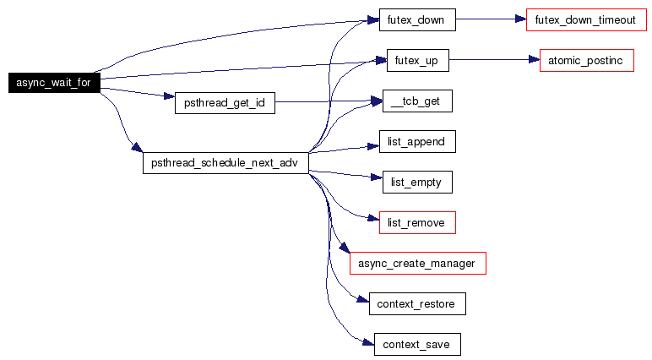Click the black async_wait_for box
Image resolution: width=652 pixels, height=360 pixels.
54,83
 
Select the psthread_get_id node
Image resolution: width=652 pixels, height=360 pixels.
225,103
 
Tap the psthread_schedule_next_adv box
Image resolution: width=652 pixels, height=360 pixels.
225,163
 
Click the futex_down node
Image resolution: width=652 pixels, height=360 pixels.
417,19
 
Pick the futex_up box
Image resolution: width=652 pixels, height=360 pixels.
417,60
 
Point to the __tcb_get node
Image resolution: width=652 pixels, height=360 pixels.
417,101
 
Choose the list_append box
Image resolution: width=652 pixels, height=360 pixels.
417,141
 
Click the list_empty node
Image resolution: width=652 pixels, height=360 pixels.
417,183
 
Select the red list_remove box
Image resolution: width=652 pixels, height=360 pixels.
417,222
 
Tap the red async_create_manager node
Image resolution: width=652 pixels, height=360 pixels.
417,263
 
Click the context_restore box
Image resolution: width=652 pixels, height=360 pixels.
417,304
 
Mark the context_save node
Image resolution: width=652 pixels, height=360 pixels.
417,344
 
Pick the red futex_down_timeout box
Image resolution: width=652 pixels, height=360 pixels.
586,19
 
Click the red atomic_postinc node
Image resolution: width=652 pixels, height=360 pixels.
587,60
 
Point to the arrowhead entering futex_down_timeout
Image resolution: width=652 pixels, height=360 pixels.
520,19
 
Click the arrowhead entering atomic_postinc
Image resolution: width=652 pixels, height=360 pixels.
535,59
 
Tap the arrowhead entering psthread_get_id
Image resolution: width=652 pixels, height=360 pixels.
169,96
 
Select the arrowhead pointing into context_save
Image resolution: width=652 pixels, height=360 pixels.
368,343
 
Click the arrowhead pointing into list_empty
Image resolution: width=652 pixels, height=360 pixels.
377,177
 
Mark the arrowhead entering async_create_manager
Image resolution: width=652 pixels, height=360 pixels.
345,248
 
